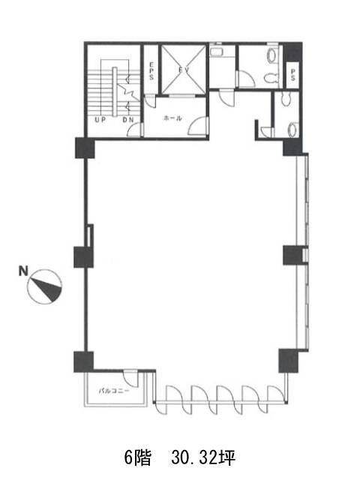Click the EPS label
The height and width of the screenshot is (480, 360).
151,71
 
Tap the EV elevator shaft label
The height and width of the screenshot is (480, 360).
184,70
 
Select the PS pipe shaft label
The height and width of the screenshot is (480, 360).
292,75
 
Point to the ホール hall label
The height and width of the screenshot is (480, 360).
173,118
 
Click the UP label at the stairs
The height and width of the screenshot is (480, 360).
100,120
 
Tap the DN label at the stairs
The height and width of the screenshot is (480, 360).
128,120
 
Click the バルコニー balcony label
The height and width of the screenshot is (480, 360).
114,391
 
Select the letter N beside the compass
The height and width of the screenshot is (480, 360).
23,271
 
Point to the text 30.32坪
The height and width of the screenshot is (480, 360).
203,458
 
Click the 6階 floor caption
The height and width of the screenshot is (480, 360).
137,458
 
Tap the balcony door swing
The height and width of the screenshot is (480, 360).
130,379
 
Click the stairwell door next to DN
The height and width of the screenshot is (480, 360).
135,130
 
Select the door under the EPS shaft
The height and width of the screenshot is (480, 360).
150,101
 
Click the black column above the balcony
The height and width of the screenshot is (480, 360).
83,361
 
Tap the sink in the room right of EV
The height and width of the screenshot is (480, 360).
217,50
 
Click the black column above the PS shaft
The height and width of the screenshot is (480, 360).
292,52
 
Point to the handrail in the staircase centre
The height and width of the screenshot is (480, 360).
115,91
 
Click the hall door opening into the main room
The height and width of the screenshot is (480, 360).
199,126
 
